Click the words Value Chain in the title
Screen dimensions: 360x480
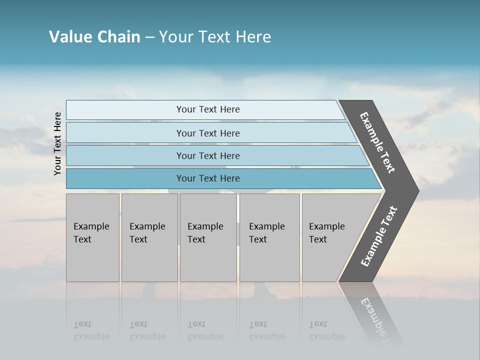(94, 37)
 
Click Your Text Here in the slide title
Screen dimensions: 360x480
(215, 37)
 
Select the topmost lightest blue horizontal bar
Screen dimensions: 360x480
(125, 110)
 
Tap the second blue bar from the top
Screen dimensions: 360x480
(125, 133)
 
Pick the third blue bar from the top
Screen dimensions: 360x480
(125, 155)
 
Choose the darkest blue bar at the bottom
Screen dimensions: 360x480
(125, 178)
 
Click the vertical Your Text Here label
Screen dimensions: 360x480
(57, 143)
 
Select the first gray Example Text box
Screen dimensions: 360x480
(92, 237)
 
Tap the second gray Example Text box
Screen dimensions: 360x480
(149, 237)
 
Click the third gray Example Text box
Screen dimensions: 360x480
(208, 237)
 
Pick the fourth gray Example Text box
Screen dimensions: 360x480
(269, 237)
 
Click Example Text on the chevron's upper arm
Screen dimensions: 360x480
(377, 142)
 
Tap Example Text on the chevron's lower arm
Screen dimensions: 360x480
(378, 236)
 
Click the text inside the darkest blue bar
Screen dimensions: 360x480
(208, 178)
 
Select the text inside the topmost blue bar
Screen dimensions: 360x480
(208, 109)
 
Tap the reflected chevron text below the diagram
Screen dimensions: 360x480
(375, 320)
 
